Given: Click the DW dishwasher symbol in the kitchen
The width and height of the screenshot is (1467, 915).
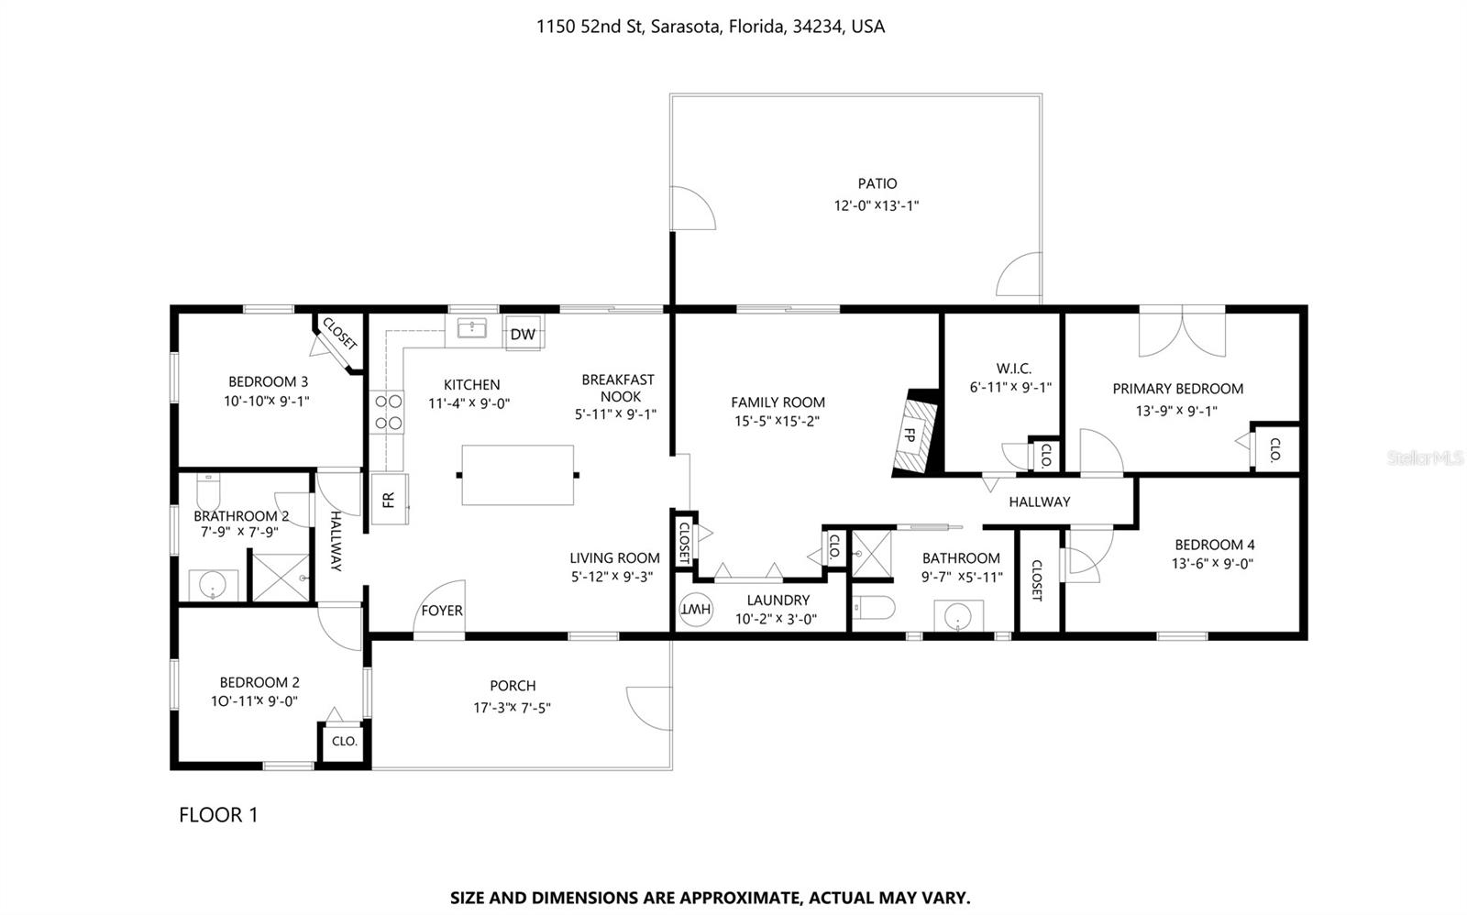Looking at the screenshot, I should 523,334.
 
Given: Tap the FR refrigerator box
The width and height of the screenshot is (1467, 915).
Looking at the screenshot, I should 389,500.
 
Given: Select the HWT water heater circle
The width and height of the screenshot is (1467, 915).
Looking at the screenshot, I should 696,609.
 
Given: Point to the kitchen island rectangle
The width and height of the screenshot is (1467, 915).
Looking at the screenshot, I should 517,475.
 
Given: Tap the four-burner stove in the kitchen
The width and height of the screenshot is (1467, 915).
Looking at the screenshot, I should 389,412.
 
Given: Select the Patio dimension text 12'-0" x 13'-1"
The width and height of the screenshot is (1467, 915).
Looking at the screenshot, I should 877,206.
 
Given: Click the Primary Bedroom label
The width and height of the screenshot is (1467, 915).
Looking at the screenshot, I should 1177,389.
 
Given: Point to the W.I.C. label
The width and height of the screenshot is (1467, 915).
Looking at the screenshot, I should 1014,369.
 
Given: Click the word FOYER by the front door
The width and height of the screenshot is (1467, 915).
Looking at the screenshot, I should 442,611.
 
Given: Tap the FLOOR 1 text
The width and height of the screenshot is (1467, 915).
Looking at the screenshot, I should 218,814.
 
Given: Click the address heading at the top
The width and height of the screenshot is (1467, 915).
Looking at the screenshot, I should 711,27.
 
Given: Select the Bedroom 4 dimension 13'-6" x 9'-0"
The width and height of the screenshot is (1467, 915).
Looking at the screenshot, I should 1212,564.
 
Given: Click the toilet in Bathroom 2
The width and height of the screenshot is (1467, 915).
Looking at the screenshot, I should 208,491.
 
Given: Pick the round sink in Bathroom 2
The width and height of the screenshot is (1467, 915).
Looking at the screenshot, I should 213,585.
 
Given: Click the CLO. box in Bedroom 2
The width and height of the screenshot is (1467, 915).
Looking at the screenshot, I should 344,742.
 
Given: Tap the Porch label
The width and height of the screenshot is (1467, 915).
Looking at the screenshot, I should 513,686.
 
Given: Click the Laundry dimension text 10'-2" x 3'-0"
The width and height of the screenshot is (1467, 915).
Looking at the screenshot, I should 776,619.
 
